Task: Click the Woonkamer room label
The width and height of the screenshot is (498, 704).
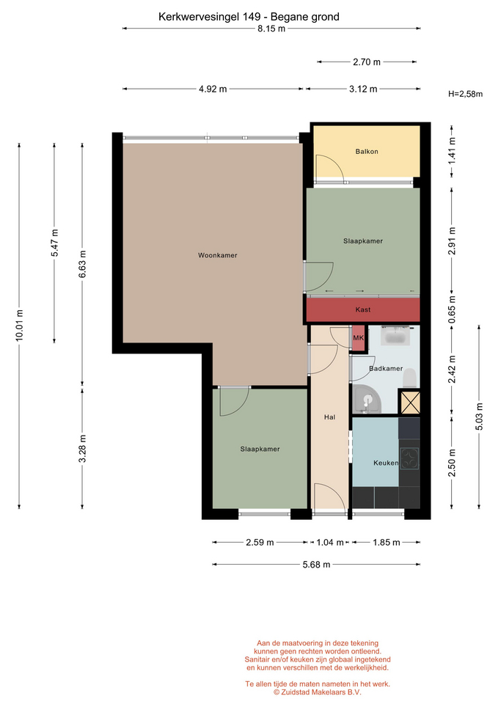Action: [217, 255]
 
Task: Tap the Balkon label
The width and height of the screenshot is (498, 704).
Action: [367, 151]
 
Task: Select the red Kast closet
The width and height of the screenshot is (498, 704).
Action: [363, 309]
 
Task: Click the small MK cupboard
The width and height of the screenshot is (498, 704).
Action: [359, 337]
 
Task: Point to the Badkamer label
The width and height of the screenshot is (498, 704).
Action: [386, 369]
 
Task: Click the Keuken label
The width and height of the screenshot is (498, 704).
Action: [386, 463]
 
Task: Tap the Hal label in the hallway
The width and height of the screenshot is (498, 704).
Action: [329, 417]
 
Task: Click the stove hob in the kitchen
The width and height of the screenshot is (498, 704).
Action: [409, 459]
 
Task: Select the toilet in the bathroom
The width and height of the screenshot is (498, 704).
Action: [409, 378]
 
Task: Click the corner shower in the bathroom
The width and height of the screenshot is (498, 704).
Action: [367, 399]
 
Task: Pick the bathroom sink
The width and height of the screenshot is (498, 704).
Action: [395, 336]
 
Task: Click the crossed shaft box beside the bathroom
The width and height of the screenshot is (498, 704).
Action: [409, 403]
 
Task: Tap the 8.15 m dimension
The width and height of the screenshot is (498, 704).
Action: [271, 29]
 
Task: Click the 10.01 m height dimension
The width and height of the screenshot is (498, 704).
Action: [19, 326]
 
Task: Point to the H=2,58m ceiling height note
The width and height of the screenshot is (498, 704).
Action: [465, 94]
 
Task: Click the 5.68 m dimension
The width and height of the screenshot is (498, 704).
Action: [317, 565]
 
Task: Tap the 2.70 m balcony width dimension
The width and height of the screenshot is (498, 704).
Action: [367, 62]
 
